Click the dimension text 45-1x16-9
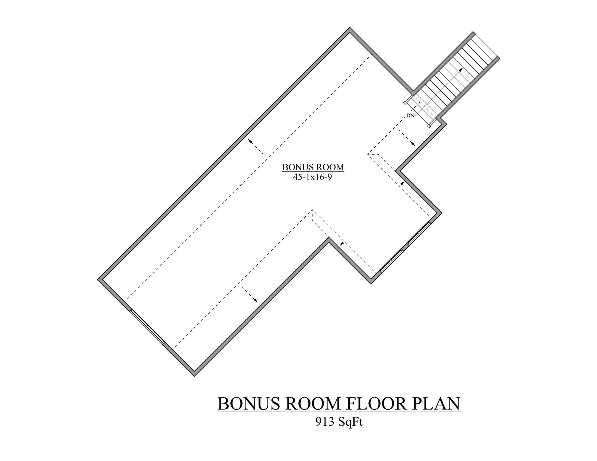(313, 177)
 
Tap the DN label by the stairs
(410, 116)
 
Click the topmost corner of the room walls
(350, 29)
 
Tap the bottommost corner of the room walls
(194, 375)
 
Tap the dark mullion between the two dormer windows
(405, 247)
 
